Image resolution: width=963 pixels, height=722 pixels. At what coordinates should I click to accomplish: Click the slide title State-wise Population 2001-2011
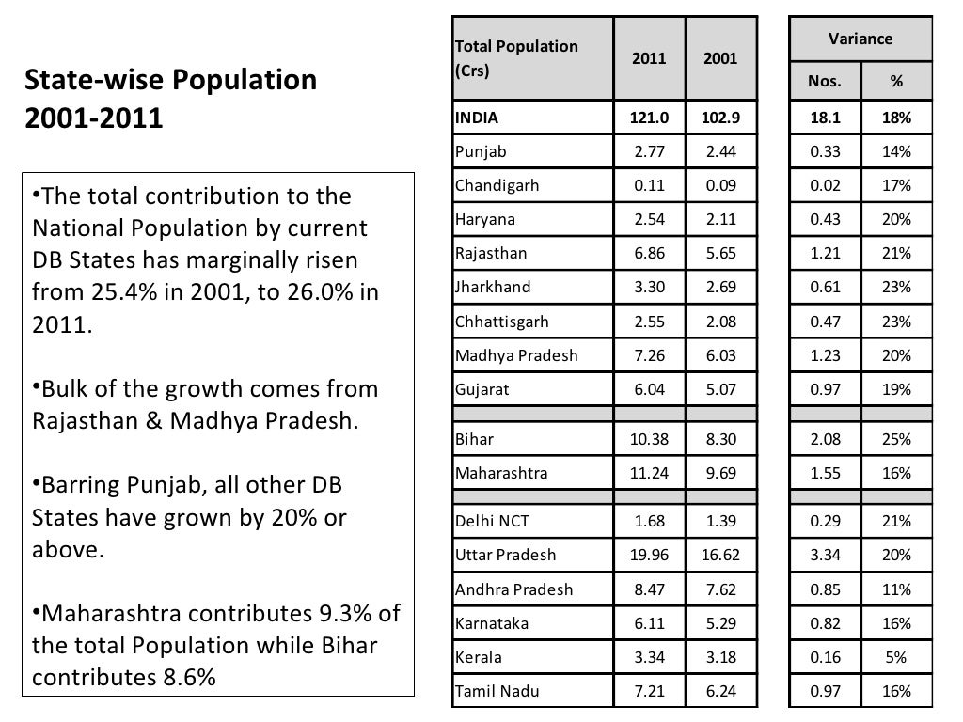click(x=170, y=100)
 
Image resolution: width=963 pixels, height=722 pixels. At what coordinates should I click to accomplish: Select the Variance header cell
click(x=860, y=39)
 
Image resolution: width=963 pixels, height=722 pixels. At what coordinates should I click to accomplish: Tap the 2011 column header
click(x=649, y=57)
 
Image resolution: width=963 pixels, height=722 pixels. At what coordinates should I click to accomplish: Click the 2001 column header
click(x=721, y=57)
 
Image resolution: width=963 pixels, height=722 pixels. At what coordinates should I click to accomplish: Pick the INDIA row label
click(x=477, y=118)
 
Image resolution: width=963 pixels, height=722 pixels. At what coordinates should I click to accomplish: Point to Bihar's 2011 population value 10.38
click(x=649, y=439)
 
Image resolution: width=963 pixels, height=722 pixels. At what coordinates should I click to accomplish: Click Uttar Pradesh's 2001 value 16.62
click(x=721, y=555)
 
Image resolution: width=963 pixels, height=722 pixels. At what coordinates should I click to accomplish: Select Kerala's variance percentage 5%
click(x=896, y=657)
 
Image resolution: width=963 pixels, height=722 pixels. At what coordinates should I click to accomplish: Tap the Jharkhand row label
click(x=493, y=287)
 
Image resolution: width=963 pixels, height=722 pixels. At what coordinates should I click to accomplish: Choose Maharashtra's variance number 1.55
click(x=825, y=473)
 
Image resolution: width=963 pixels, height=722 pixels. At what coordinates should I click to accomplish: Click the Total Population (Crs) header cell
click(x=516, y=58)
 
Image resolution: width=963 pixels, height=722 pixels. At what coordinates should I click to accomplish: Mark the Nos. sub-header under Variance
click(x=825, y=82)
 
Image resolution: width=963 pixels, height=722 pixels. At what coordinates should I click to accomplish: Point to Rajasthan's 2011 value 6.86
click(x=649, y=253)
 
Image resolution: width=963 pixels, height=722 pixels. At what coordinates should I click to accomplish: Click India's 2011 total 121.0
click(x=649, y=118)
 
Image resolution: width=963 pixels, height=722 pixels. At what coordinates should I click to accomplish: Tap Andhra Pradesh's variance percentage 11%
click(x=896, y=589)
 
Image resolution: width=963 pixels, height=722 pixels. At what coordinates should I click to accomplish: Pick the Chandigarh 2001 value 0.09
click(x=721, y=185)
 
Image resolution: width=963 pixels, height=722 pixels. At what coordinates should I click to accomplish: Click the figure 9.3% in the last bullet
click(x=348, y=615)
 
